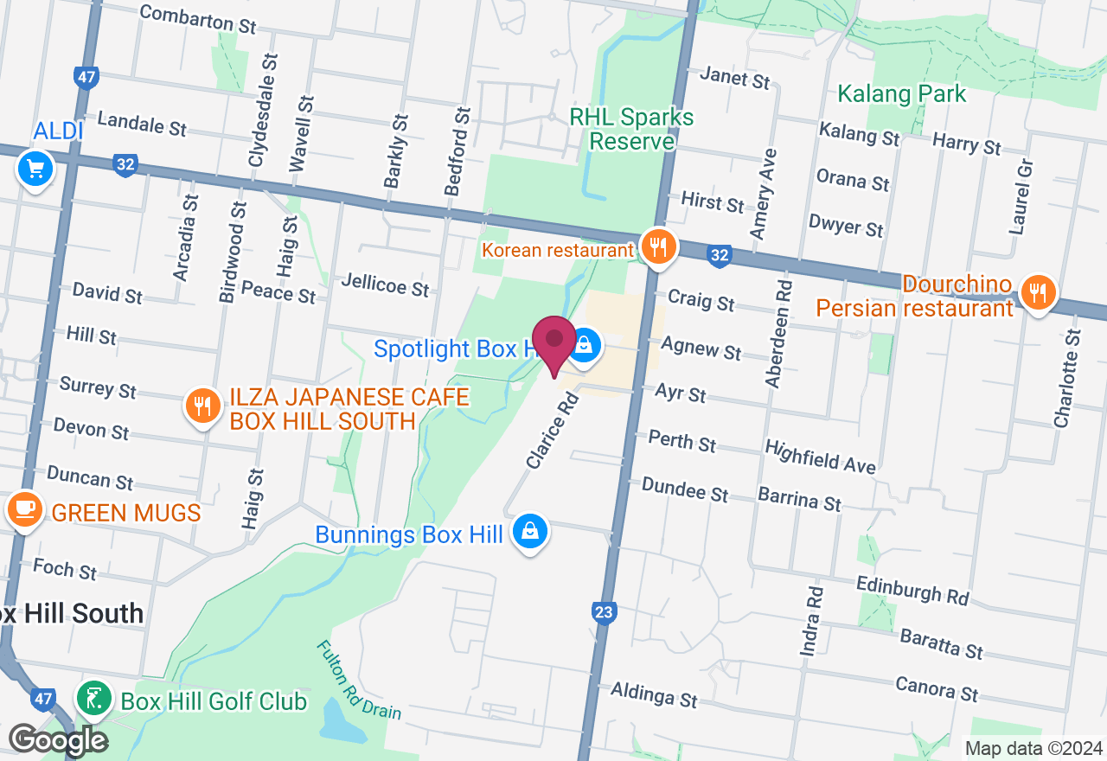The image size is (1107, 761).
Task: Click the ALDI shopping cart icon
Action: [x=35, y=169]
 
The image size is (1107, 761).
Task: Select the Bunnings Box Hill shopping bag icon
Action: [x=530, y=531]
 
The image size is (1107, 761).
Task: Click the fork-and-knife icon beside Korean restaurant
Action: [x=659, y=246]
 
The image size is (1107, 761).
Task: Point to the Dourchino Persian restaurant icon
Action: [x=1036, y=291]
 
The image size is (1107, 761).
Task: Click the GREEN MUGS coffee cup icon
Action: [x=24, y=508]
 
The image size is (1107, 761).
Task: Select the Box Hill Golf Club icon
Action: [x=93, y=697]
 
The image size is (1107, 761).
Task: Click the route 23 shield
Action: [x=604, y=613]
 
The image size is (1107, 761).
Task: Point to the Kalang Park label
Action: [x=902, y=93]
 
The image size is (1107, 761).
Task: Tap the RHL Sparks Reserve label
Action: [x=632, y=129]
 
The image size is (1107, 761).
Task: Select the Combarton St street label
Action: [x=197, y=19]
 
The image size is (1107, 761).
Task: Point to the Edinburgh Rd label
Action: [x=912, y=591]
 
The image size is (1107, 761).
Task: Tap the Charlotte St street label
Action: [x=1065, y=378]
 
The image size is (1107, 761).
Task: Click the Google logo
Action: [x=58, y=740]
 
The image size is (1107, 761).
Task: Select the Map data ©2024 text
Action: [x=1033, y=749]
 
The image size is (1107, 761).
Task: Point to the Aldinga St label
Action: [x=654, y=694]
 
